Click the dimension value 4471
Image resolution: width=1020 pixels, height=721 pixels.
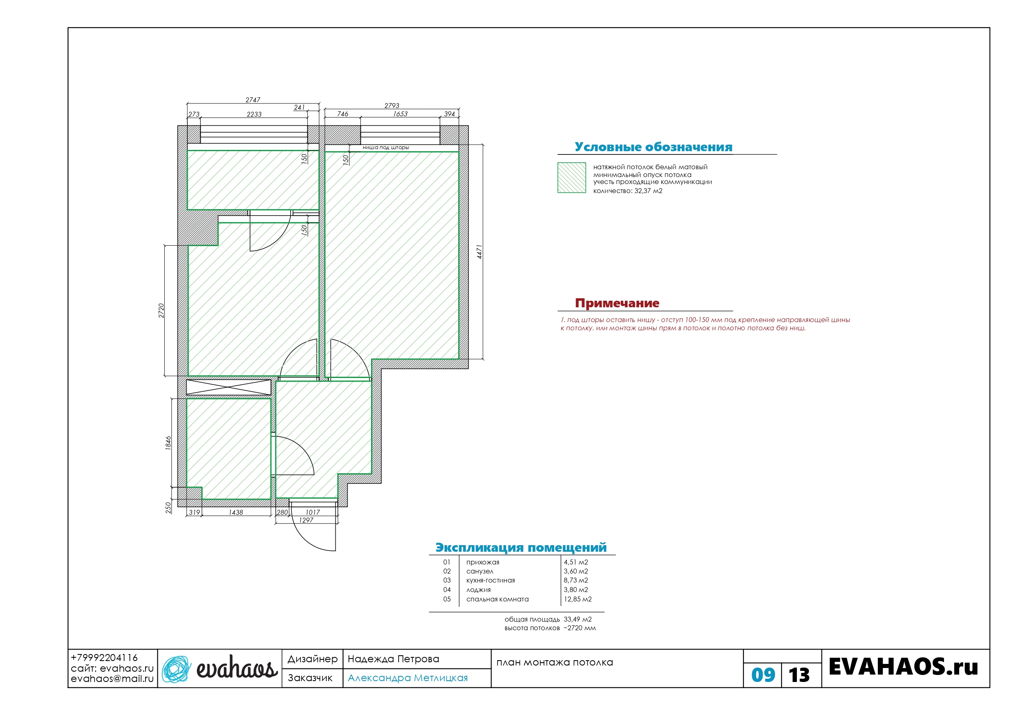[x=479, y=252]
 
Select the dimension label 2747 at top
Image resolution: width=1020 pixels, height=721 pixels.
[x=253, y=100]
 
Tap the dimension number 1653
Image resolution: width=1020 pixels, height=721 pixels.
[x=400, y=114]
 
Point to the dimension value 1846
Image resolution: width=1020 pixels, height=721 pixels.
[x=168, y=443]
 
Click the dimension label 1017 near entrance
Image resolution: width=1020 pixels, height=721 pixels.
[x=313, y=512]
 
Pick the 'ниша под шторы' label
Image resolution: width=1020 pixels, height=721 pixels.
[x=385, y=147]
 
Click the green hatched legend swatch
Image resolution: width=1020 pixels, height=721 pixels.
[x=572, y=178]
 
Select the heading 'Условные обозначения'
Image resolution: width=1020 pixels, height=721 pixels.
[x=653, y=147]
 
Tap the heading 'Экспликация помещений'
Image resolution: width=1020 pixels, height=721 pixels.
[x=521, y=547]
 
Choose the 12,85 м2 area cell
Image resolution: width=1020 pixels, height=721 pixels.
[x=577, y=599]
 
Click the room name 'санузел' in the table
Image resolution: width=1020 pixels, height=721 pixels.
[x=480, y=571]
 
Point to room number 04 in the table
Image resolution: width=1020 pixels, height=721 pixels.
[x=447, y=590]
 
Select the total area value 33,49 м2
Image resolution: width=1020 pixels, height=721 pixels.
[x=577, y=619]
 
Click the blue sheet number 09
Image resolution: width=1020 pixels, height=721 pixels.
[x=763, y=675]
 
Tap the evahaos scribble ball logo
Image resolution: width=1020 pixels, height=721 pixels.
[x=176, y=669]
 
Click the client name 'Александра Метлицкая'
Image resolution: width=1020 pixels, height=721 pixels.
[x=408, y=678]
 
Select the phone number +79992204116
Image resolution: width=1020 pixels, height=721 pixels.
[x=104, y=657]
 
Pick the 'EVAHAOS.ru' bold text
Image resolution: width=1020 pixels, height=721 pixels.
[x=904, y=667]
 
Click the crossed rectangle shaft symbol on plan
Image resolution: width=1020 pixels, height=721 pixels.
[x=228, y=387]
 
